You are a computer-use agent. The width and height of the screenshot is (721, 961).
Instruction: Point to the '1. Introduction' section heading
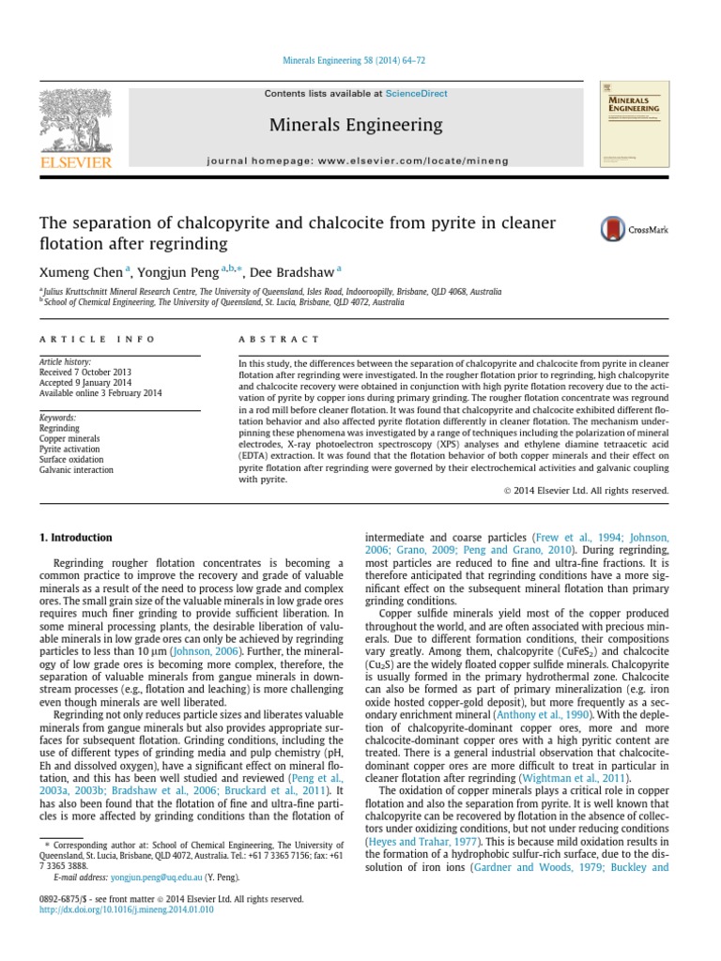(75, 538)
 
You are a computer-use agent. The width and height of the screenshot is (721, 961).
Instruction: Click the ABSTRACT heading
(279, 339)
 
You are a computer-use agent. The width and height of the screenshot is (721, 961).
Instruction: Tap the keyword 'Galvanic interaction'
(77, 470)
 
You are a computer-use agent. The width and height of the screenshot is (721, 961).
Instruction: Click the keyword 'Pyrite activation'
(71, 450)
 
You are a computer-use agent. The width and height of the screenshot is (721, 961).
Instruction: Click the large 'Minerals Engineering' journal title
(355, 125)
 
